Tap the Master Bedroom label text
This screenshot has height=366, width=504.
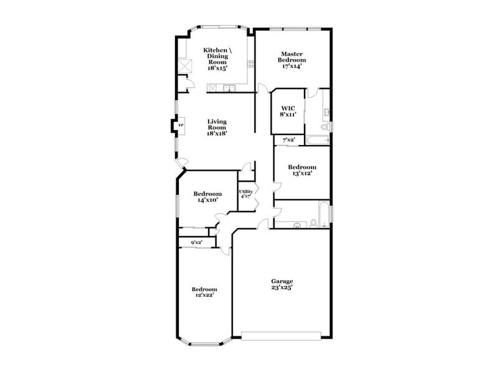(x=291, y=60)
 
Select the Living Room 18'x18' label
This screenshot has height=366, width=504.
(x=216, y=127)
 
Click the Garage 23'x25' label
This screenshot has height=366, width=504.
(x=282, y=284)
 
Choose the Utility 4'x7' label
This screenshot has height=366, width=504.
(x=245, y=194)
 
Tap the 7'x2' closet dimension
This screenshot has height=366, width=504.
(x=288, y=141)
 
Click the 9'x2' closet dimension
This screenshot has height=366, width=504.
(x=196, y=242)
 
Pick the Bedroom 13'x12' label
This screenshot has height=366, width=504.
(x=302, y=170)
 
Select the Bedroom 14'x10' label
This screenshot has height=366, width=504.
(x=207, y=197)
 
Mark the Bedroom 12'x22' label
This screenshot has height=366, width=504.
(x=204, y=293)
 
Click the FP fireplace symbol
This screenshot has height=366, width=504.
(x=181, y=126)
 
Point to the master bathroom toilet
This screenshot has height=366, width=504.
(x=325, y=127)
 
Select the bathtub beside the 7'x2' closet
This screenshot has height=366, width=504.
(x=317, y=141)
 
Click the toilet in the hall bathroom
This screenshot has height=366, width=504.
(x=315, y=223)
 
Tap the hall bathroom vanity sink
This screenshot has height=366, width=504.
(x=297, y=226)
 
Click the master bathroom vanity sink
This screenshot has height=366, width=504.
(x=326, y=113)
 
